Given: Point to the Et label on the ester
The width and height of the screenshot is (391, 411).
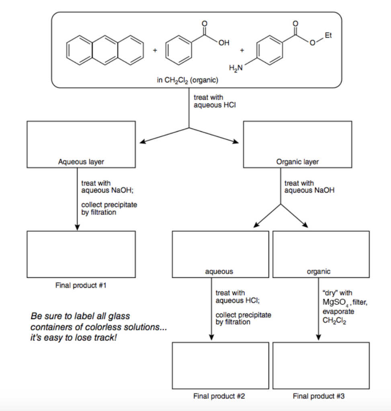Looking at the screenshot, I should [x=328, y=35].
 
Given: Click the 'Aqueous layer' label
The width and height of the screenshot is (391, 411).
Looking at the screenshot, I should [x=81, y=162].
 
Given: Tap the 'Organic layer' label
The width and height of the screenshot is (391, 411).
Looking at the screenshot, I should [x=297, y=162].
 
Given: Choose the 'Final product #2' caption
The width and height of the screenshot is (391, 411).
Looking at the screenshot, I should [x=219, y=396].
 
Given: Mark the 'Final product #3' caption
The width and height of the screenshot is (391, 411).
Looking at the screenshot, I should [x=319, y=396].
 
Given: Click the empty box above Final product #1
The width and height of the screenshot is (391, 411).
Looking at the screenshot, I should [x=81, y=254].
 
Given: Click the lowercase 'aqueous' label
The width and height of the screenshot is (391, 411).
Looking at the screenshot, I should [x=219, y=272].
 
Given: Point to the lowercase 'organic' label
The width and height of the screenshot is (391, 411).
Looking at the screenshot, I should [x=319, y=272].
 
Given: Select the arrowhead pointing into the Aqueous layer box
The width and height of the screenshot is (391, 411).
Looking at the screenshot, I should [x=141, y=142].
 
